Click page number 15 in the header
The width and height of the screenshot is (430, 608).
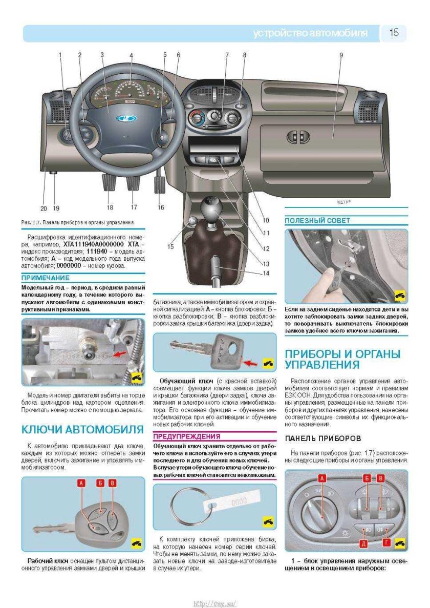[x=394, y=33]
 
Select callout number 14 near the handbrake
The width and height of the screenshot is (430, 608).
[x=266, y=274]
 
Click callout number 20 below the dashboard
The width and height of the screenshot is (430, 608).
[x=43, y=208]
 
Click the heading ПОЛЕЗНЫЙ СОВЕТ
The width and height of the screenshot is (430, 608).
[x=317, y=221]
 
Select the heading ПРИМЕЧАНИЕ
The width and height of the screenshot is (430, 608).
[x=46, y=278]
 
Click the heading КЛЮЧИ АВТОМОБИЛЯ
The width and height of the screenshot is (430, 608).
[x=82, y=429]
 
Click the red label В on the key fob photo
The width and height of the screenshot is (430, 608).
[x=113, y=483]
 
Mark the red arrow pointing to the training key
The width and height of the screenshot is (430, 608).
[x=252, y=363]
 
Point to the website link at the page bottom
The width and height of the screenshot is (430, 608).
[x=215, y=603]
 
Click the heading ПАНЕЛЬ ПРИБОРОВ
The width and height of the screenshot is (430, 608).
[x=323, y=438]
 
